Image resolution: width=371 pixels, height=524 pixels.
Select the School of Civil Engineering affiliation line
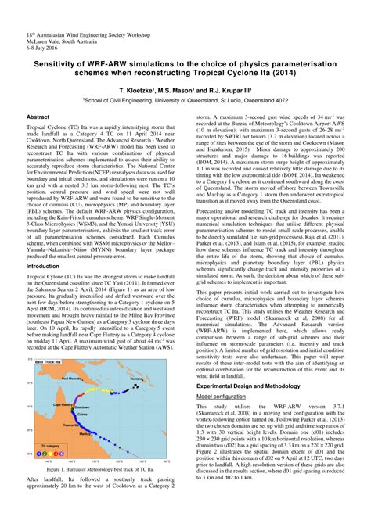185,101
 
